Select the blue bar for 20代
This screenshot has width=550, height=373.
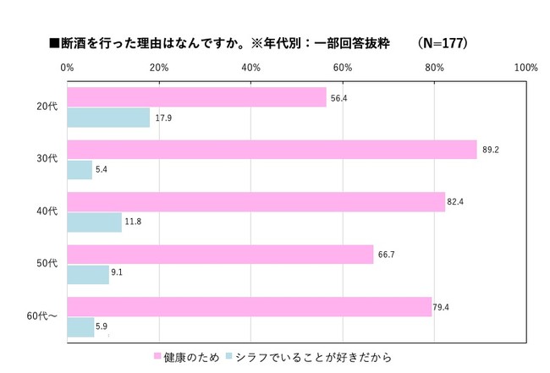tap(108, 118)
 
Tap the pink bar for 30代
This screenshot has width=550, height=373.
tap(272, 150)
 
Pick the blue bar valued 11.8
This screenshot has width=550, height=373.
tap(94, 222)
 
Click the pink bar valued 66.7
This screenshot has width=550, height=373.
tap(220, 255)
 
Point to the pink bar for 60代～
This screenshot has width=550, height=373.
tap(250, 306)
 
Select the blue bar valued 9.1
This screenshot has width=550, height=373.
tap(88, 274)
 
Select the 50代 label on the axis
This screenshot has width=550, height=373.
tap(47, 264)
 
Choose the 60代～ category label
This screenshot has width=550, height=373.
tap(43, 316)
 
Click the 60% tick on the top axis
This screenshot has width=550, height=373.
tap(342, 67)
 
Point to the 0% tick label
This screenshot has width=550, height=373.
tap(67, 67)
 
